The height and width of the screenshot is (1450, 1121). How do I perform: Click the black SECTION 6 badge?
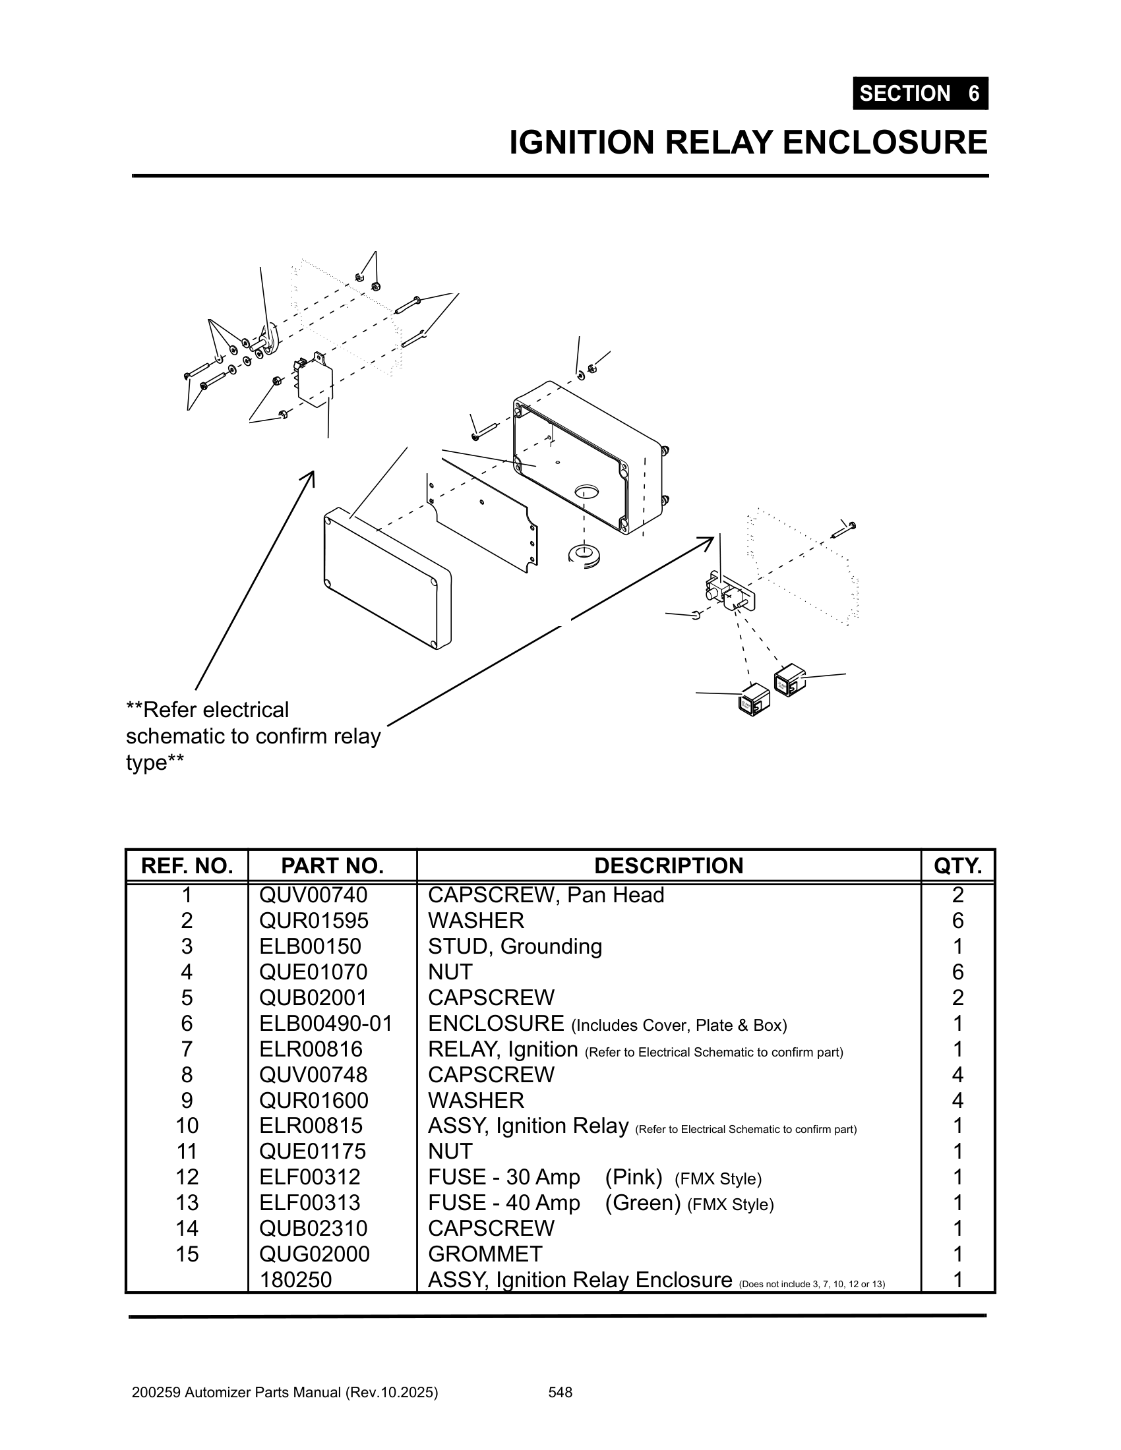tap(920, 93)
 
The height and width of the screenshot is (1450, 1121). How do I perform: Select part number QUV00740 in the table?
tap(313, 895)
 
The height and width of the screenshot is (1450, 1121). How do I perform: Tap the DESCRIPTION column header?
tap(668, 866)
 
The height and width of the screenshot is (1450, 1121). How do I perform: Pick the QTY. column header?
tap(957, 866)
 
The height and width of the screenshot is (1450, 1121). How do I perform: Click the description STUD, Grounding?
tap(515, 946)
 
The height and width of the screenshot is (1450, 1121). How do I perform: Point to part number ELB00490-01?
tap(326, 1023)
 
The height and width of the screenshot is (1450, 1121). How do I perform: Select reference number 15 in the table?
tap(187, 1254)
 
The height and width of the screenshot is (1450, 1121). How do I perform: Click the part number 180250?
tap(295, 1279)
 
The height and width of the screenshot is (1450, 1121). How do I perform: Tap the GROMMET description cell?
tap(485, 1254)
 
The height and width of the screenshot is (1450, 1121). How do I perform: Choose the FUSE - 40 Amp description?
tap(504, 1202)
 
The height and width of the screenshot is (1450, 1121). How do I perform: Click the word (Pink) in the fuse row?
tap(633, 1177)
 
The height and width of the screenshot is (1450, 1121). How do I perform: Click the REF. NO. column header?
tap(187, 866)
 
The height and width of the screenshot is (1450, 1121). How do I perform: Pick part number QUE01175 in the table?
tap(313, 1151)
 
